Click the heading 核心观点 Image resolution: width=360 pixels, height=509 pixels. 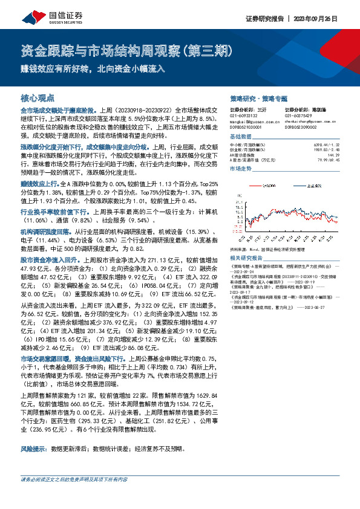(37, 97)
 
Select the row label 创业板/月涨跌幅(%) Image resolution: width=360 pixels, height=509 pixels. (249, 149)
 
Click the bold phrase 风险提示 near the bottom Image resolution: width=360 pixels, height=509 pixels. (34, 449)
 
